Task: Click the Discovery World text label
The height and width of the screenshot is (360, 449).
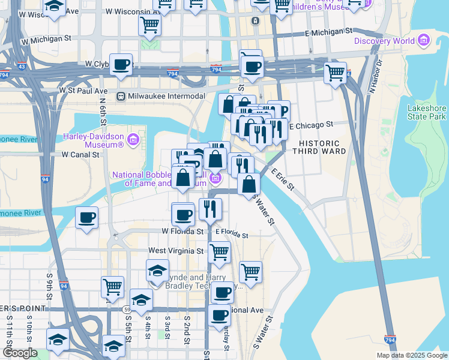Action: (384, 41)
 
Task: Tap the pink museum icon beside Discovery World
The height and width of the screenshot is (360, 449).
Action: (424, 41)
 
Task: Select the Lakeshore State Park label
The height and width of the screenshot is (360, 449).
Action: (427, 112)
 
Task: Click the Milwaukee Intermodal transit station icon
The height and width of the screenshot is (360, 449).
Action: (121, 96)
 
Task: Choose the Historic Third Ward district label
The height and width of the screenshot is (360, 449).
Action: (319, 148)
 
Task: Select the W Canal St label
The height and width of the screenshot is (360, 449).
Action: (80, 154)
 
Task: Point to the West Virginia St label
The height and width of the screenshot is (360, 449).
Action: (172, 250)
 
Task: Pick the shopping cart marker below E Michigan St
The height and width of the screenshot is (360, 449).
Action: (335, 73)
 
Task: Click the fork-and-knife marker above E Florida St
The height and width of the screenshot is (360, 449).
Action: (210, 209)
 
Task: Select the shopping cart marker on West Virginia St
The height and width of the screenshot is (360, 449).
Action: (219, 252)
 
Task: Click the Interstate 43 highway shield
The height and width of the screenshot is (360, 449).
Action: (22, 66)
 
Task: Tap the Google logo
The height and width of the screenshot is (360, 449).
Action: (20, 353)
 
